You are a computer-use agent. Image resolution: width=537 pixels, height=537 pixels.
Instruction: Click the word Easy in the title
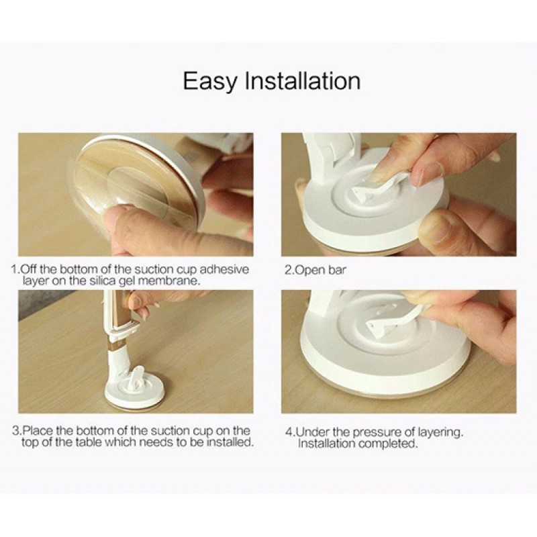(x=210, y=81)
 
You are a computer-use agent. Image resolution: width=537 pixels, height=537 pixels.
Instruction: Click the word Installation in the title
(x=303, y=81)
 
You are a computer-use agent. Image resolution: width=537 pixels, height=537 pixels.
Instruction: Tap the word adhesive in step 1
(x=224, y=270)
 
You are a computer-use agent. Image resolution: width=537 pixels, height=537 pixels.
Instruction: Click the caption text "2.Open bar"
(x=315, y=271)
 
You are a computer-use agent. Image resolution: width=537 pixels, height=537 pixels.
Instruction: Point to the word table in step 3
(x=89, y=442)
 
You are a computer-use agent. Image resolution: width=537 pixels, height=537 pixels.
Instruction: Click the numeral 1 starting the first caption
(x=14, y=270)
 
